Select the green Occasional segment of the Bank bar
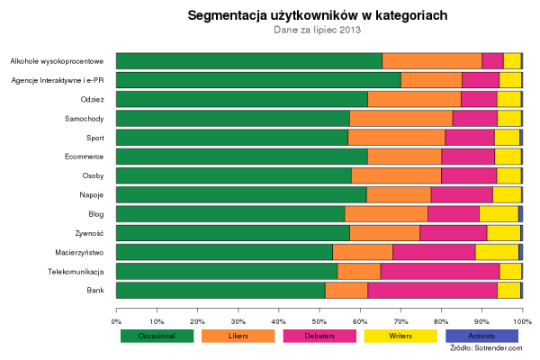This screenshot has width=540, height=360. click(220, 290)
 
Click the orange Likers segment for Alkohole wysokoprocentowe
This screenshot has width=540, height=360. click(432, 61)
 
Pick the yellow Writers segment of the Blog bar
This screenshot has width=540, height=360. click(499, 213)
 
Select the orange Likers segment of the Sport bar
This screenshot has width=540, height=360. click(396, 137)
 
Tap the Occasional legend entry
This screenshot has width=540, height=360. click(157, 336)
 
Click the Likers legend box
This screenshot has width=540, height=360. click(238, 336)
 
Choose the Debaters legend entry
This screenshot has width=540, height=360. click(319, 336)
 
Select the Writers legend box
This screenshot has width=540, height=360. click(400, 336)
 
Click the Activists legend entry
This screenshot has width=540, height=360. click(481, 336)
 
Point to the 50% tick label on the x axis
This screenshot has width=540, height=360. click(319, 320)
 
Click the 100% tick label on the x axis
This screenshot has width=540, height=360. click(522, 320)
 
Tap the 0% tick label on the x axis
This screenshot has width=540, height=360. click(116, 320)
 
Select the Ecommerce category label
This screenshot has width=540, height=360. click(85, 157)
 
